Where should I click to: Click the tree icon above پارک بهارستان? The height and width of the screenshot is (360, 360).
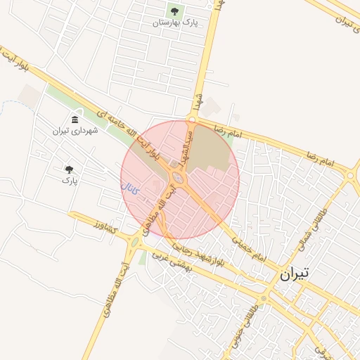point(174,11)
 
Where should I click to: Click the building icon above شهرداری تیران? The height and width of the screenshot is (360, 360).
point(75,119)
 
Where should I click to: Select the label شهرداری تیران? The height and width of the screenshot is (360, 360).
point(75,130)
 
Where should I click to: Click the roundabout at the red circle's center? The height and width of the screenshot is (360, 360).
point(180,179)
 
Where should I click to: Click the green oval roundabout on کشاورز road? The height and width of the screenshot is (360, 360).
point(134,244)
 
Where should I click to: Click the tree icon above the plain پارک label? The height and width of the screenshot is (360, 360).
point(69,169)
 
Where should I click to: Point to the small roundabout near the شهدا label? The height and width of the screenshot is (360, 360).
point(191,120)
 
